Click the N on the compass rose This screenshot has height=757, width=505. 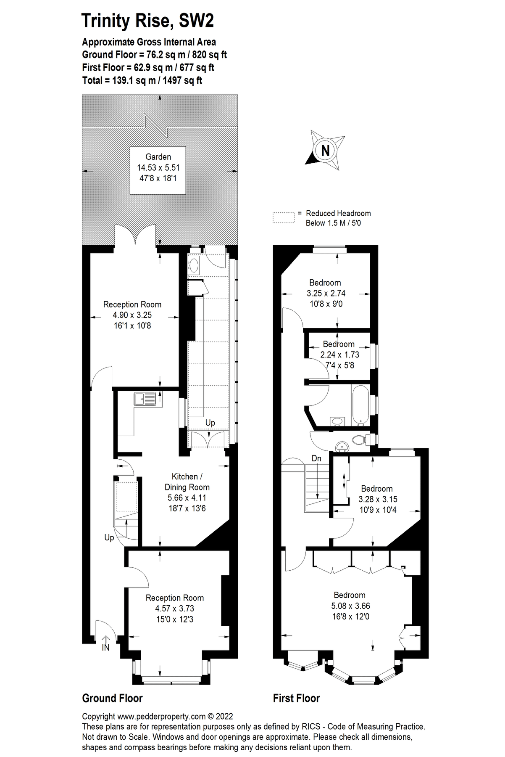(325, 150)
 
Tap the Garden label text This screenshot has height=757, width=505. (158, 157)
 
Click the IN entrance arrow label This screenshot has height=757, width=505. (105, 648)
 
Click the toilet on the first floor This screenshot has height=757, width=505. (358, 440)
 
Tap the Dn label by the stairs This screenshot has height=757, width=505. (316, 458)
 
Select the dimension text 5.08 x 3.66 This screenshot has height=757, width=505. (350, 606)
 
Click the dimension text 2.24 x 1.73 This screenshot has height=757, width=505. (339, 355)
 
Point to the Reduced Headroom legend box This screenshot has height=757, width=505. (284, 217)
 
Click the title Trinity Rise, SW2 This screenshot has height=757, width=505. (147, 21)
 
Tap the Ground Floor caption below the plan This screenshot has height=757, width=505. (112, 699)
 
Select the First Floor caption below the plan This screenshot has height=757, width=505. (296, 699)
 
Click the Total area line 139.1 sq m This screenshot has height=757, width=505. (142, 80)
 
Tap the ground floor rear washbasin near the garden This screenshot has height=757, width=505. (194, 265)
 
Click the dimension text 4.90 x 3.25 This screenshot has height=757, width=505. (132, 315)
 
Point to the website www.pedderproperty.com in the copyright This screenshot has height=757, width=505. (161, 717)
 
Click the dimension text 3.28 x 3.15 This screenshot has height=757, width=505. (377, 499)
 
